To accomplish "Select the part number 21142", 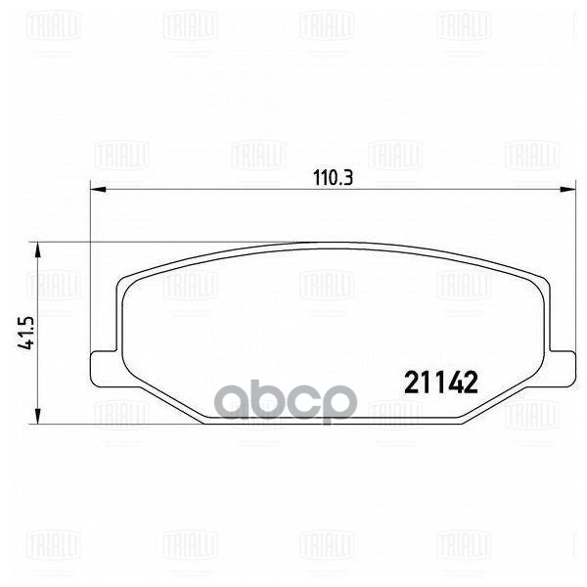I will click(440, 383).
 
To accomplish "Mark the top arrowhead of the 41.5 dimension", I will click(37, 249).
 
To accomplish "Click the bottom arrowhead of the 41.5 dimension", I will click(37, 416).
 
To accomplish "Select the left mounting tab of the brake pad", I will click(101, 368).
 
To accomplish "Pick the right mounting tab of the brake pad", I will click(562, 368).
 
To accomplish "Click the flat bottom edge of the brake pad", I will click(333, 424).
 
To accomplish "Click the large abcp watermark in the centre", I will click(284, 401).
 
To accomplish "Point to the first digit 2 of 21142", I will click(411, 383).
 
